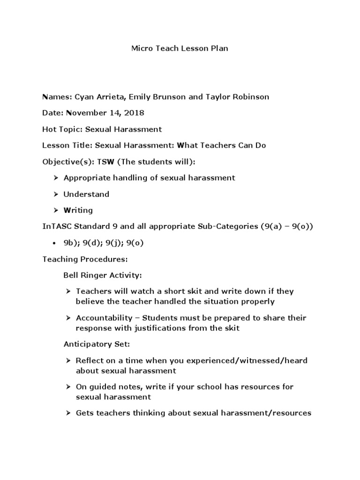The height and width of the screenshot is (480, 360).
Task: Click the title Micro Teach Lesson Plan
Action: (x=180, y=48)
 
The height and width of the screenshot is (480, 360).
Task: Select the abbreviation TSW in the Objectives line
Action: (x=105, y=162)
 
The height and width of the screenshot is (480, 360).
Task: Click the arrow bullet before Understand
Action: (x=55, y=194)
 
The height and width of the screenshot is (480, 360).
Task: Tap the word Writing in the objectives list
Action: (x=78, y=210)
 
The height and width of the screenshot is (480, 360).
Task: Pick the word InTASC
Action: (x=55, y=226)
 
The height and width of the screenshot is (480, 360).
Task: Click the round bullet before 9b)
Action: (x=55, y=243)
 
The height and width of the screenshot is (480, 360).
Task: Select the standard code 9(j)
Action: (x=111, y=243)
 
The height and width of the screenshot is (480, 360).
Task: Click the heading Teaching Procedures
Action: (x=85, y=259)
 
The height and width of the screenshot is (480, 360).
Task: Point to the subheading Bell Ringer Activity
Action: (x=102, y=275)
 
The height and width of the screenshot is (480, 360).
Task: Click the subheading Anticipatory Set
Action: (x=97, y=344)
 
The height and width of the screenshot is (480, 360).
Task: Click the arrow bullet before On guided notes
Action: (x=68, y=387)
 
